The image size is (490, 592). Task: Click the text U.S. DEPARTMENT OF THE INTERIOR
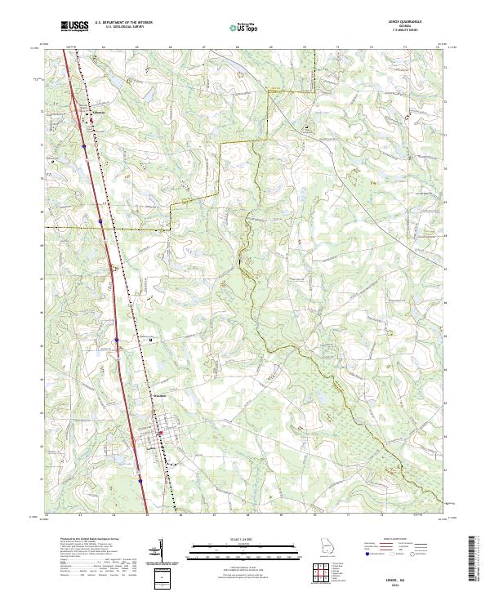(x=123, y=23)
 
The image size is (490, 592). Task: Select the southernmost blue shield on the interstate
(x=140, y=482)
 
